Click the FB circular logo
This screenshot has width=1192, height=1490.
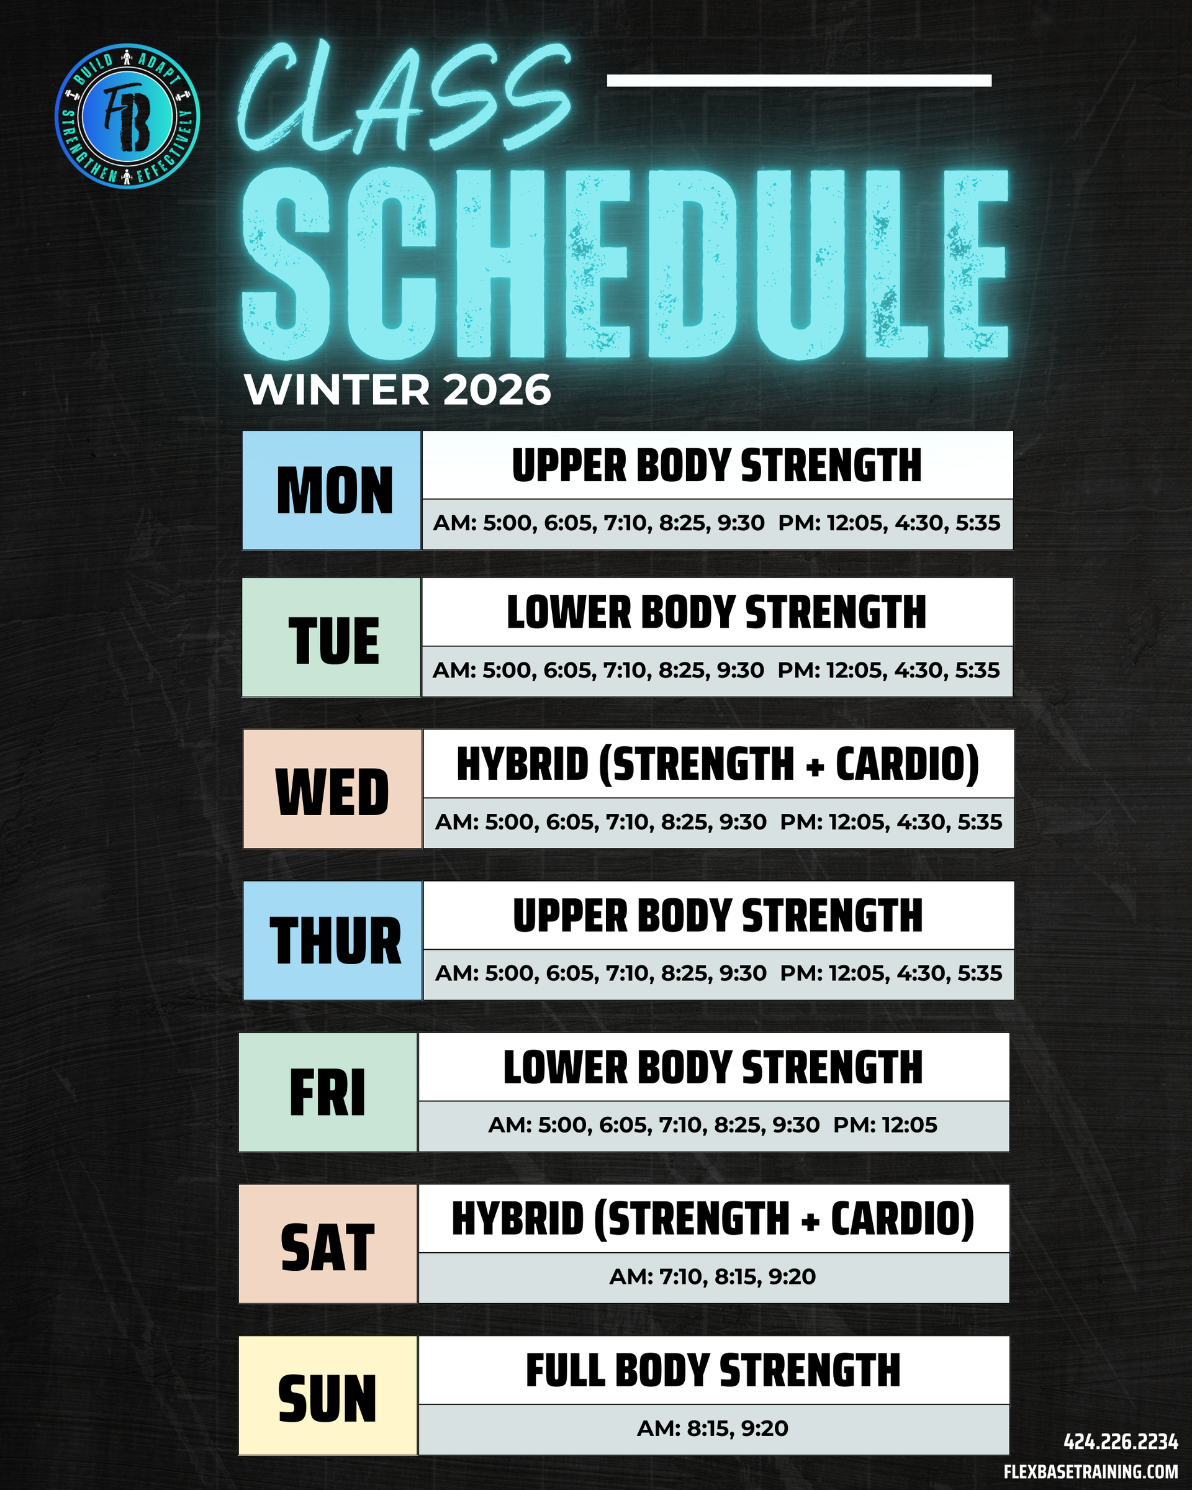point(127,116)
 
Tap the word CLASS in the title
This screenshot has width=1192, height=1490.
point(404,97)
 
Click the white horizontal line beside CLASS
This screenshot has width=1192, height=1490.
point(799,81)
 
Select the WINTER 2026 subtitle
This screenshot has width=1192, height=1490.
point(397,390)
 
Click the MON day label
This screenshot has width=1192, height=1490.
point(335,490)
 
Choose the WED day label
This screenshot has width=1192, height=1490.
point(332,792)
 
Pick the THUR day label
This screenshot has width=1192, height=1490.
point(335,941)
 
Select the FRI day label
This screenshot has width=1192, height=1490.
point(328,1093)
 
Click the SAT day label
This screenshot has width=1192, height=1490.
point(328,1247)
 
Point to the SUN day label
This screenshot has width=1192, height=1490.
point(328,1399)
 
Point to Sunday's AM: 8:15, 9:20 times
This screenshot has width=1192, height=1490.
point(713,1428)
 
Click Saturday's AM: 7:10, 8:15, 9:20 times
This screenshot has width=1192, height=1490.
point(713,1276)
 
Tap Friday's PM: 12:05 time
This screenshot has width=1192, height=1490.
point(885,1125)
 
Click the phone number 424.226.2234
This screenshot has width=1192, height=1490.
point(1120,1442)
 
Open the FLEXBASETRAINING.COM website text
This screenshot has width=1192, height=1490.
point(1090,1472)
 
